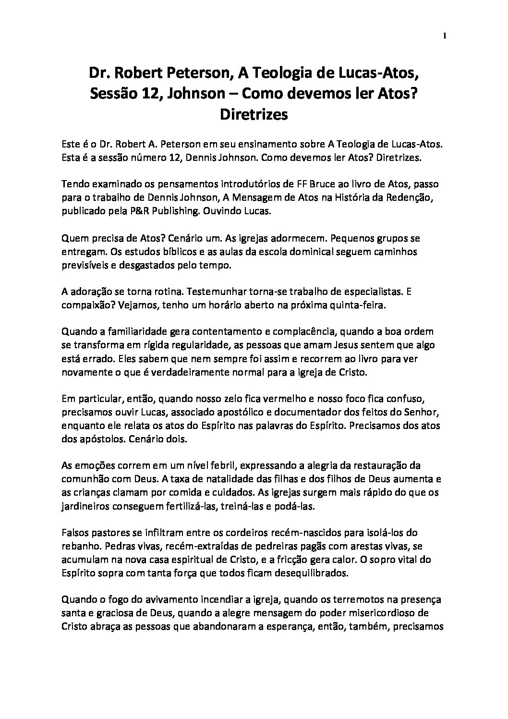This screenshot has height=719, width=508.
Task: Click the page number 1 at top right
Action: click(445, 35)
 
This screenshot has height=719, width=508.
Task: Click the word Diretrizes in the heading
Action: click(254, 115)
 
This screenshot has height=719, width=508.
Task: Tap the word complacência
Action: click(289, 331)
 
